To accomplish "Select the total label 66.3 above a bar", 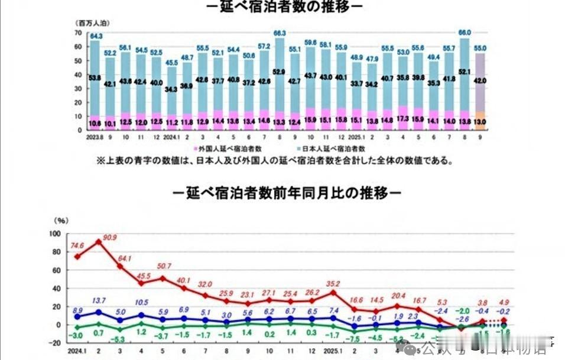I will point(280,33).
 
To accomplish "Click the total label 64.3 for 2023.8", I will point(95,36).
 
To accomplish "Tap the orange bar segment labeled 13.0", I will point(480,121).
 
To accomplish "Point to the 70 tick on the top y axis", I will point(77,33).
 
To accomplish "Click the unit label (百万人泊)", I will point(92,23).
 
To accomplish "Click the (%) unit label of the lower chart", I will point(62,220).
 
